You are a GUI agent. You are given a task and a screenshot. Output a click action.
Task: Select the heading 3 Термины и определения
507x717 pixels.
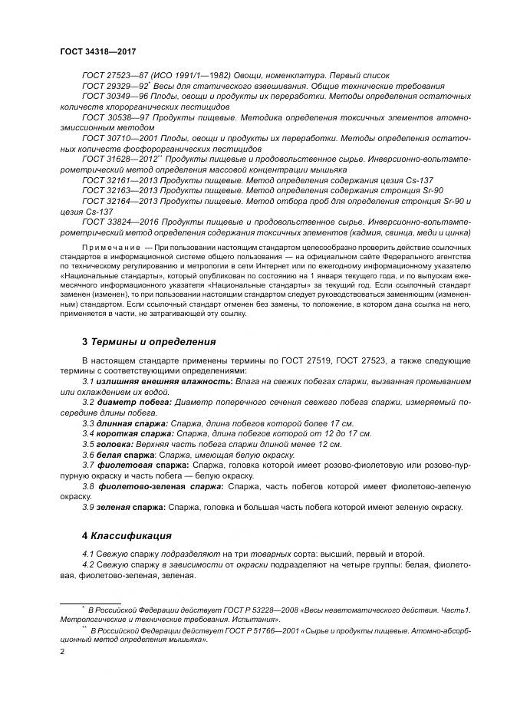(148, 341)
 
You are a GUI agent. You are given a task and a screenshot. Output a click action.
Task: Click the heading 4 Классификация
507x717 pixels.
(127, 534)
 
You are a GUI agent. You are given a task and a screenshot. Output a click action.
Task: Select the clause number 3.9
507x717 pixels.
(87, 507)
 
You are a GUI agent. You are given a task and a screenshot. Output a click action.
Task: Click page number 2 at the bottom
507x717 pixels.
(62, 651)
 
